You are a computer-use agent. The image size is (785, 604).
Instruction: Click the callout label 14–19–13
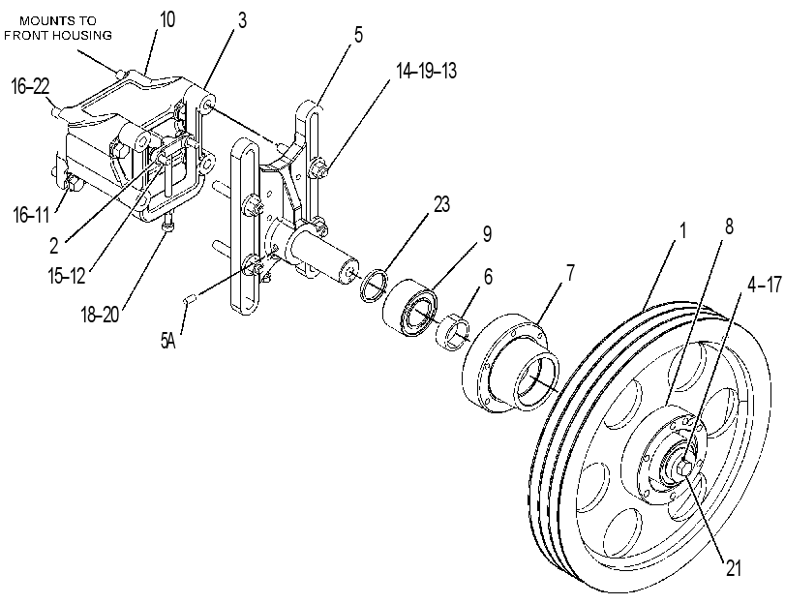tap(427, 71)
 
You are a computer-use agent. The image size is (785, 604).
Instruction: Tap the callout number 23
tap(441, 204)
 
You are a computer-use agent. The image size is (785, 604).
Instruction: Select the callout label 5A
tap(168, 341)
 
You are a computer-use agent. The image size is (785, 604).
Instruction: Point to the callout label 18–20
tap(100, 315)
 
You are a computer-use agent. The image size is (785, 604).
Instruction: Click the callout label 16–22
tap(31, 87)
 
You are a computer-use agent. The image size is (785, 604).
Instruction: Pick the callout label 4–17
tap(764, 285)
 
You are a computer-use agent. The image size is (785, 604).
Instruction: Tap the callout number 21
tap(733, 568)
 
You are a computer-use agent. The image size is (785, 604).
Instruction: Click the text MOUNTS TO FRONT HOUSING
tap(57, 28)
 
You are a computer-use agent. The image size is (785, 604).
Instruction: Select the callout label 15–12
tap(67, 276)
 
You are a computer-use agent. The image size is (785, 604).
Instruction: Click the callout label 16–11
tap(31, 215)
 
